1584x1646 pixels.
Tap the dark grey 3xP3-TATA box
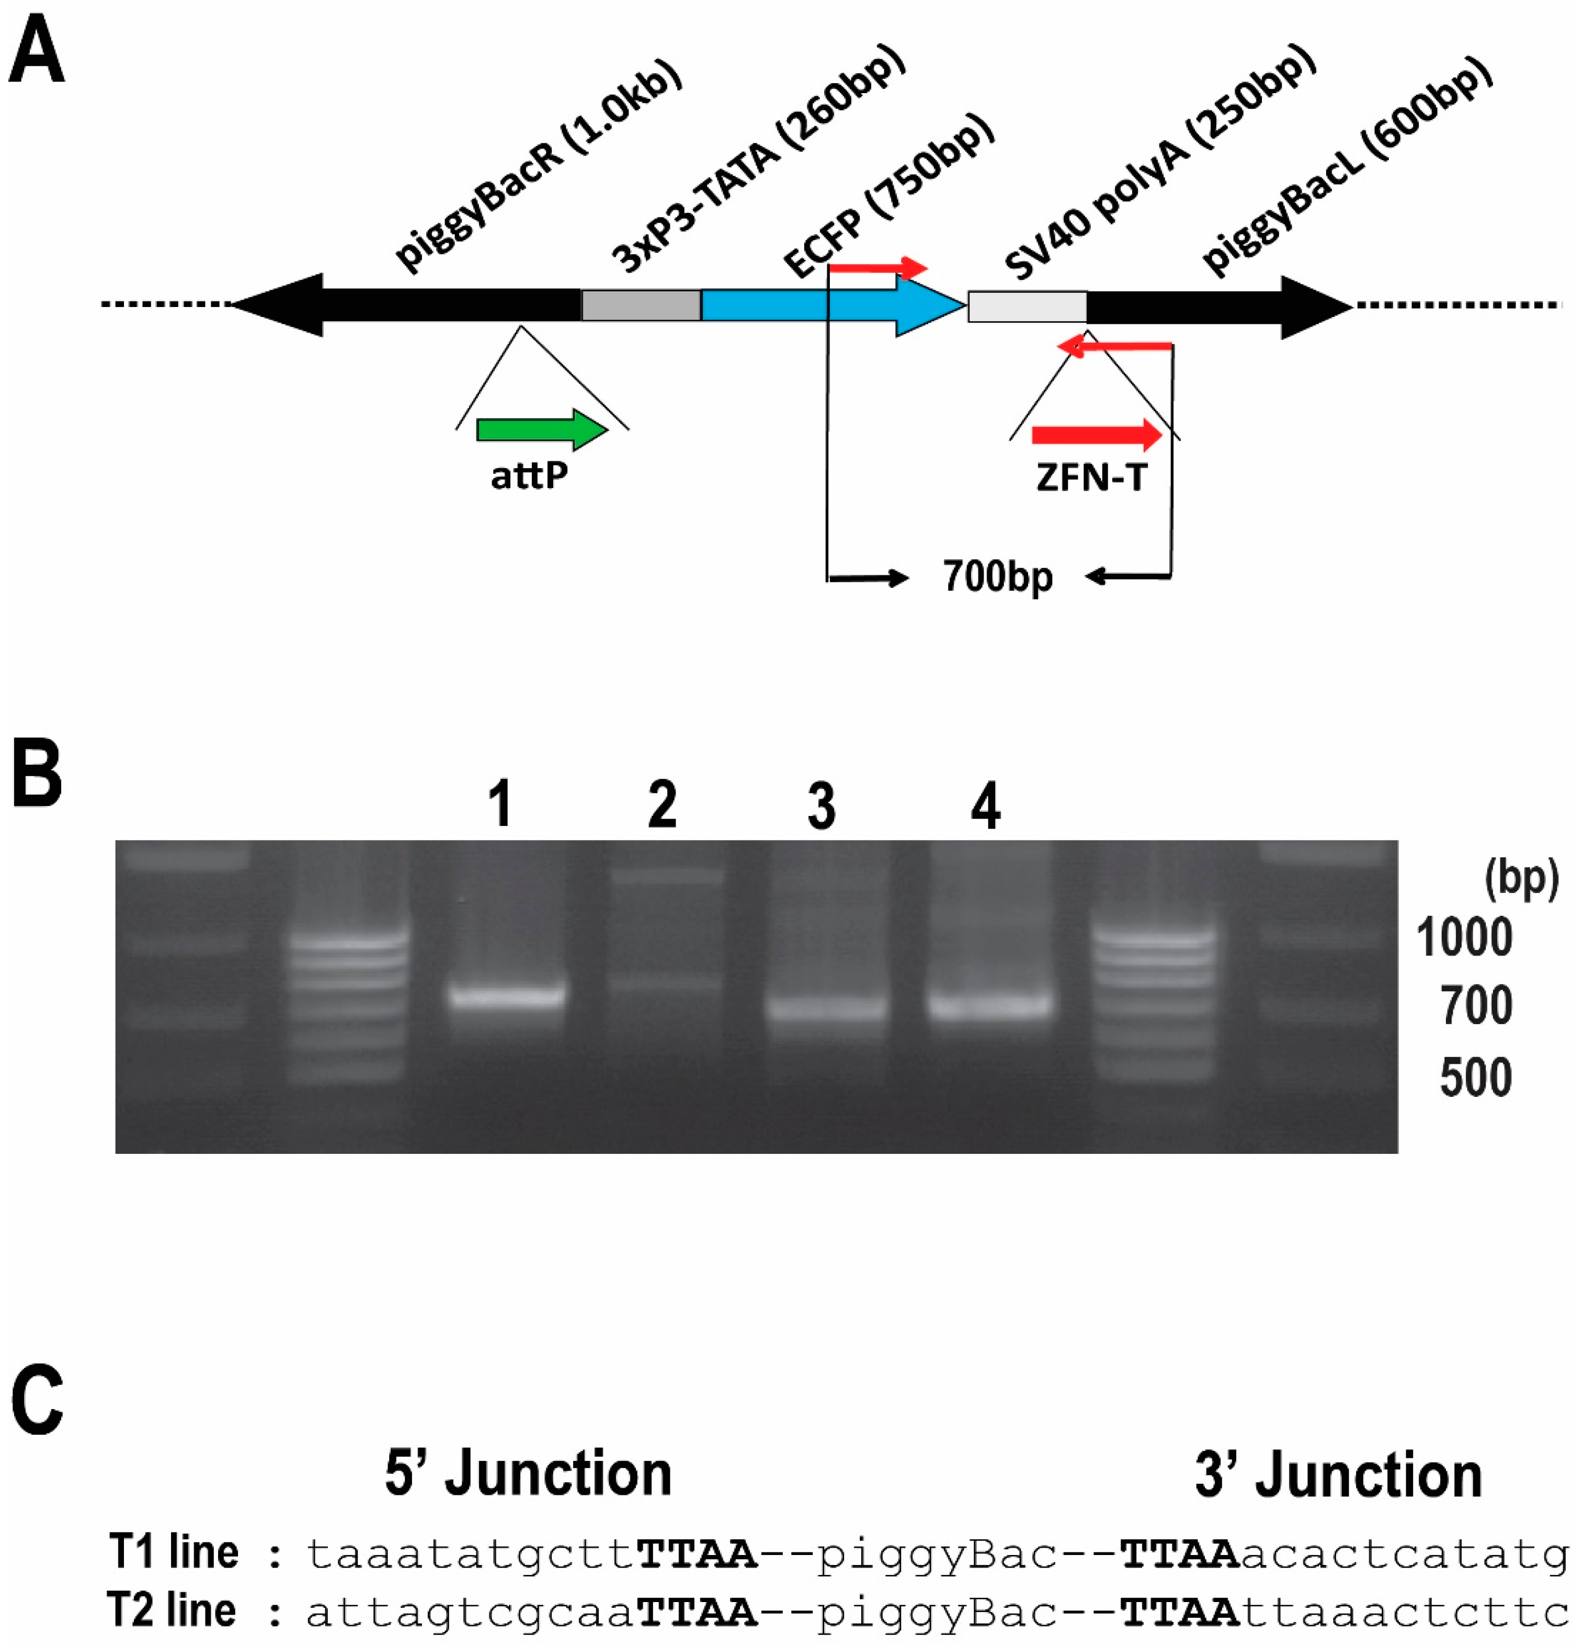pyautogui.click(x=641, y=305)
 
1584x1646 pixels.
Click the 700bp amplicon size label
pyautogui.click(x=997, y=577)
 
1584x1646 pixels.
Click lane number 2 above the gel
pyautogui.click(x=662, y=804)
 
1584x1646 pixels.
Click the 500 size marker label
pyautogui.click(x=1476, y=1077)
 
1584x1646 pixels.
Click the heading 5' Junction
pyautogui.click(x=528, y=1474)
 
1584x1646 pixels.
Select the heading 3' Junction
pyautogui.click(x=1338, y=1474)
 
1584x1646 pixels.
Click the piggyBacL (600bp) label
pyautogui.click(x=1347, y=168)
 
